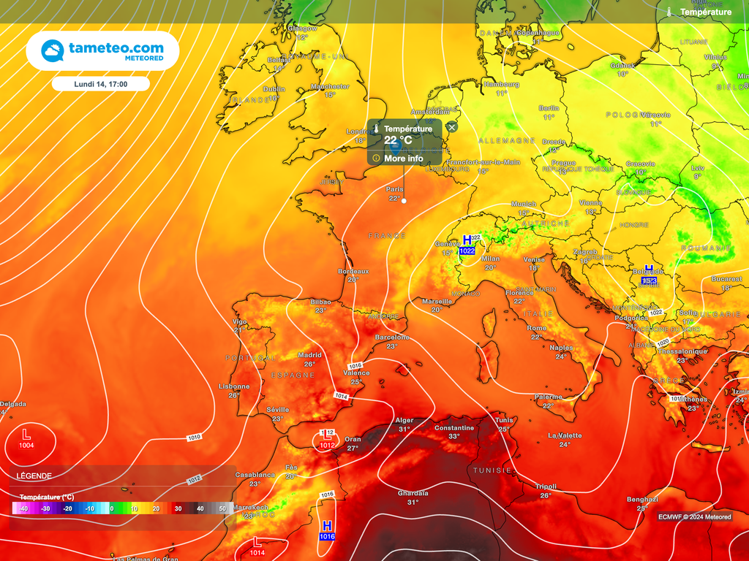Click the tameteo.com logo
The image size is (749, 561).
click(x=102, y=50)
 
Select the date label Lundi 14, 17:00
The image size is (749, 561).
click(x=101, y=84)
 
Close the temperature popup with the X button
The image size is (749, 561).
click(x=451, y=127)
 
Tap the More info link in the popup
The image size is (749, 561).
click(x=403, y=158)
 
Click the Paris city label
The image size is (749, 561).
click(x=395, y=189)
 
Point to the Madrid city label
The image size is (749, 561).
click(x=309, y=356)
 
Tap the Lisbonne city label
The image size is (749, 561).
click(x=234, y=386)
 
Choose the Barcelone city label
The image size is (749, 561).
click(x=392, y=337)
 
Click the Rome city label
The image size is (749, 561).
click(x=537, y=328)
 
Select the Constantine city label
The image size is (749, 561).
click(x=454, y=428)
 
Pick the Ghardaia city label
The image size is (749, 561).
click(x=413, y=493)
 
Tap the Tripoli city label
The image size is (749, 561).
click(x=546, y=486)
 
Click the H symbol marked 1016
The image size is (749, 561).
click(x=327, y=526)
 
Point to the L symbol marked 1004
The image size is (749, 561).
click(x=27, y=434)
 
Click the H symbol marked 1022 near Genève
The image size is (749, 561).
click(x=467, y=240)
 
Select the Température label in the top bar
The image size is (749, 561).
click(x=705, y=12)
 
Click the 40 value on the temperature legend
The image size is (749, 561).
click(x=200, y=508)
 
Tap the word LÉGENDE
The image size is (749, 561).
click(x=35, y=476)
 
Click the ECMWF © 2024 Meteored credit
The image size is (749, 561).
click(x=694, y=517)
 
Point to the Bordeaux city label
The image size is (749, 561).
click(x=353, y=271)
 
